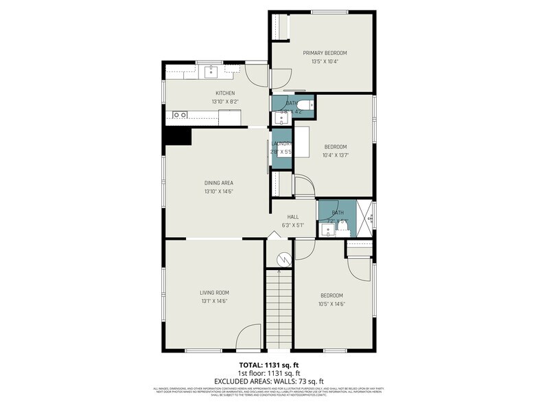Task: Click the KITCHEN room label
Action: (225, 93)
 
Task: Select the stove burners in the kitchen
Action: (180, 115)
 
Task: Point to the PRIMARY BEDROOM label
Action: (325, 53)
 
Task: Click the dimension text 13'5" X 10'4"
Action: (325, 62)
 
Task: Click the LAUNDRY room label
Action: (282, 144)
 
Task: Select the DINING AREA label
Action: (218, 183)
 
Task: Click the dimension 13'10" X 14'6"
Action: (218, 192)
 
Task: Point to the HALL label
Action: (292, 216)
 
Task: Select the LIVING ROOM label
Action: (213, 293)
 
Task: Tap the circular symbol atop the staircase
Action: (281, 259)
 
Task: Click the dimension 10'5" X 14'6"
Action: (331, 304)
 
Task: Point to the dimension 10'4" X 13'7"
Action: (335, 155)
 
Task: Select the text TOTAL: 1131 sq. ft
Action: (268, 365)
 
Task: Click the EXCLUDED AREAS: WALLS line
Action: (268, 381)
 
